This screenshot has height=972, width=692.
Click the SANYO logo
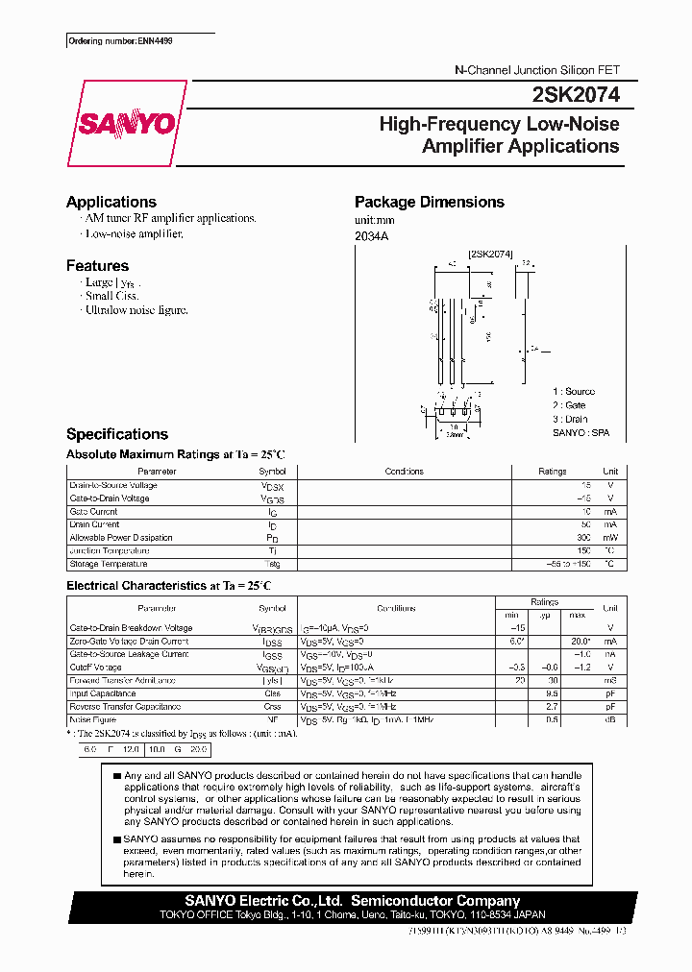coord(126,124)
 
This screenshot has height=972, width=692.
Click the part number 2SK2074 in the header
coord(575,95)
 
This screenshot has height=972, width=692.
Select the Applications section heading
coord(111,202)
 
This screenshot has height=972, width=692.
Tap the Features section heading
coord(97,265)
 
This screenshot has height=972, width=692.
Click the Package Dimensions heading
coord(429,202)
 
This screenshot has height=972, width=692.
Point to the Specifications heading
coord(116,434)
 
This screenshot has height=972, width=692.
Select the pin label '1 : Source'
coord(573,392)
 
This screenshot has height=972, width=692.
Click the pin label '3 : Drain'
coord(570,419)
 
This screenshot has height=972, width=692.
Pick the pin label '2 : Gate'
coord(569,405)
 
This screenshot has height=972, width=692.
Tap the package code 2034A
coord(371,236)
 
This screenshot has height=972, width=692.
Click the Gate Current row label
coord(93,512)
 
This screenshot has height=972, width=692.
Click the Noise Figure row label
coord(92,718)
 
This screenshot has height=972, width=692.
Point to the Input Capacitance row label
coord(102,693)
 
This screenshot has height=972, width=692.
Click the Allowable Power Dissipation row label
coord(120,538)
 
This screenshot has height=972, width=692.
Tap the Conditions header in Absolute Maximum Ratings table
coord(404,472)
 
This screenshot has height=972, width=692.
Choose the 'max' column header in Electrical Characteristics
coord(577,615)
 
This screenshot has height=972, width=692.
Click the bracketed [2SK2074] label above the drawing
coord(490,255)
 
